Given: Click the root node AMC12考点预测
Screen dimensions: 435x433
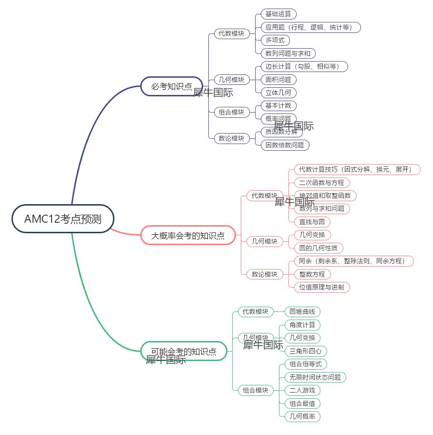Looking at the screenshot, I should pos(63,219).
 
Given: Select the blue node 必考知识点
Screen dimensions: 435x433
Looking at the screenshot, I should pos(172,86).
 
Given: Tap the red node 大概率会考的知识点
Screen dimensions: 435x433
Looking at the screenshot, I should pos(188,235).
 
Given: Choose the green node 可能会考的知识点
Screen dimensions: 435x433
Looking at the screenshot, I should pos(184,352).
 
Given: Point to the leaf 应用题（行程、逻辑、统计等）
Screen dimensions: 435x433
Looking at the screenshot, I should pos(310,27).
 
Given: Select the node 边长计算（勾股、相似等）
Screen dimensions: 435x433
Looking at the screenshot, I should pos(304,66).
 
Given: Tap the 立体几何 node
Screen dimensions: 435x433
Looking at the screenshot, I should pos(278,93).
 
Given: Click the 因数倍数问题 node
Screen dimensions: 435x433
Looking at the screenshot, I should pos(285,145).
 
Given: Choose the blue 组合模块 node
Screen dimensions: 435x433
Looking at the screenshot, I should pos(231,112).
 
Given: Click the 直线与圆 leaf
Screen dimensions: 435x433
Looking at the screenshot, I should pos(312,222).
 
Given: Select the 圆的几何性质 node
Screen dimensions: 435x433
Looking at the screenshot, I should pos(318,248).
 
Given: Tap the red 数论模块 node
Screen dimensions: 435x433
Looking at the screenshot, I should pos(265,274).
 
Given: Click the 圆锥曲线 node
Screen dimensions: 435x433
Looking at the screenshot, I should pos(302,312).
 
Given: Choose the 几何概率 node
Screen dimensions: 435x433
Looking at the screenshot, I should pos(302,416).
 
